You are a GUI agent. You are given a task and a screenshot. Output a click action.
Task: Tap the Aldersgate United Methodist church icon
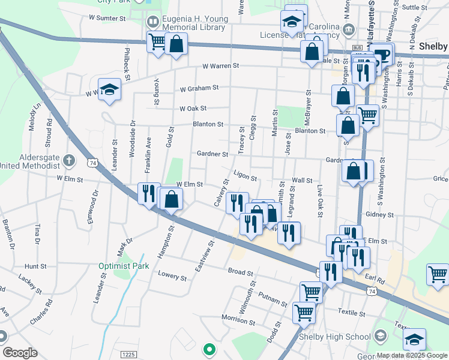[69, 161]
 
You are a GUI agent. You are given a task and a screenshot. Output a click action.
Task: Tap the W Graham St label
[199, 88]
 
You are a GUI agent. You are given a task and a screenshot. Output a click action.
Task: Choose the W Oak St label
[193, 109]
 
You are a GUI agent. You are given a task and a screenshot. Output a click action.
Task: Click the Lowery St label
[172, 275]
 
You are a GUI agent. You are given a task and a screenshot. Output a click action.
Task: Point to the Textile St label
[351, 313]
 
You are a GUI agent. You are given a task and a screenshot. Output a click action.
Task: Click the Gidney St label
[379, 214]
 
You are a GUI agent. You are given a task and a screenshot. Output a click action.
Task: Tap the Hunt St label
[35, 266]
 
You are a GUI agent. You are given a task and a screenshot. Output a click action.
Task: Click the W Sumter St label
[107, 19]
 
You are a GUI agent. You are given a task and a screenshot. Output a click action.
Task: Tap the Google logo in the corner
[20, 353]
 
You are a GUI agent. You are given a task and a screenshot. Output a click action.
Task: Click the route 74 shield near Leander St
[92, 163]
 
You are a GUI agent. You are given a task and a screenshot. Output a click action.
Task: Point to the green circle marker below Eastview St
[209, 348]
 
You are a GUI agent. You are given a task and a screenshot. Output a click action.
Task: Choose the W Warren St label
[221, 65]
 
